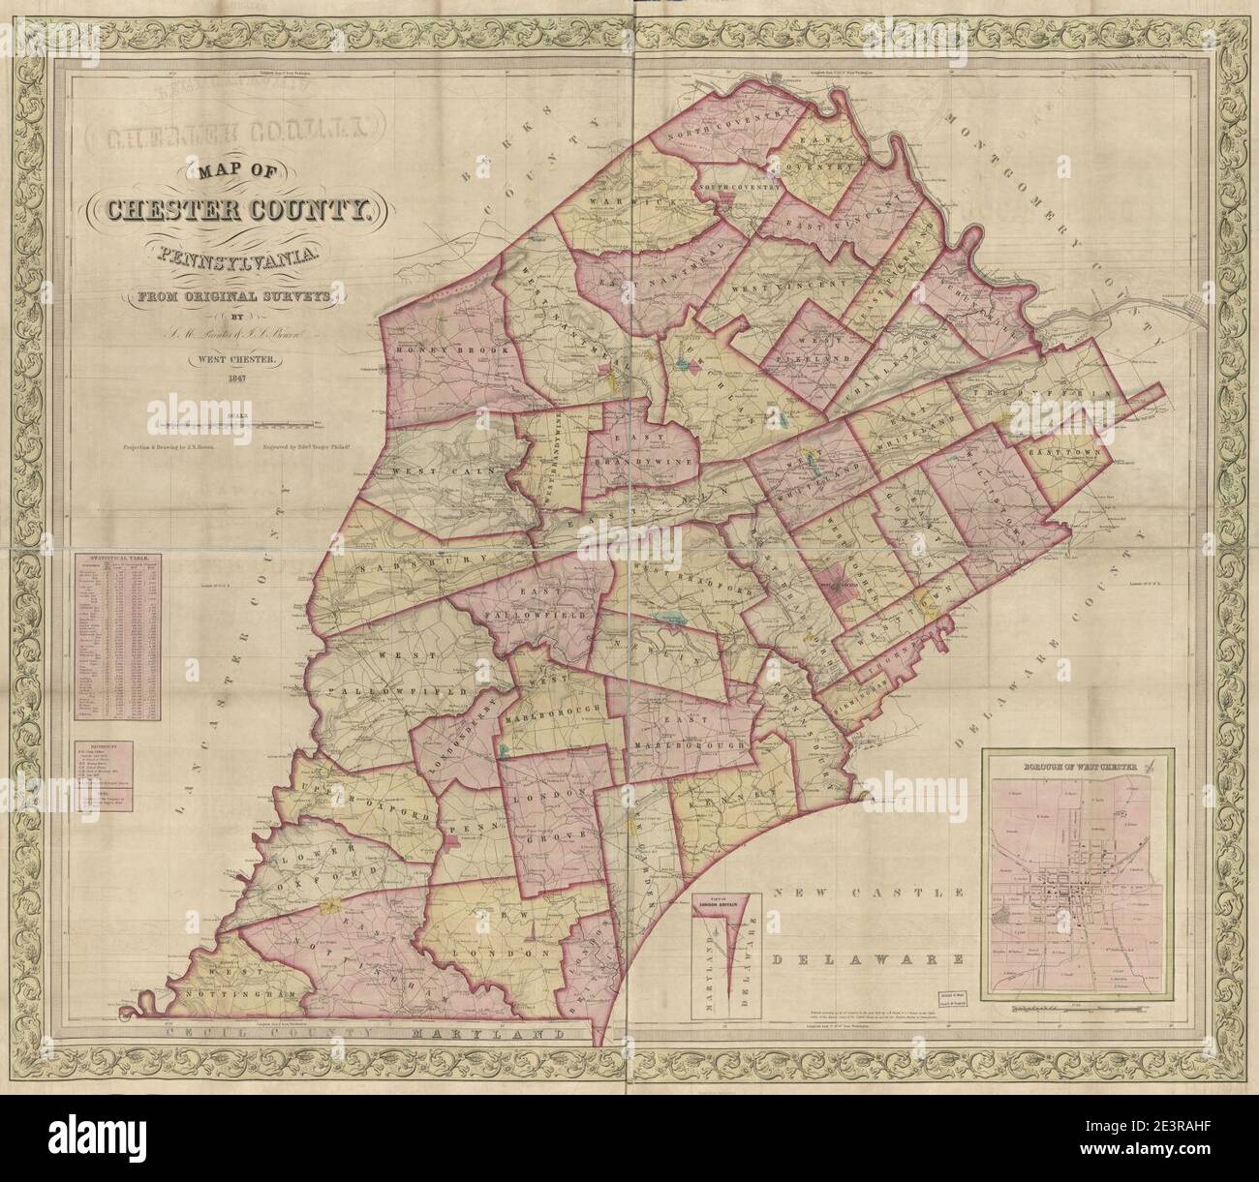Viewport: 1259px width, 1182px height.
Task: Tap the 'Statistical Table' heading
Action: coord(114,560)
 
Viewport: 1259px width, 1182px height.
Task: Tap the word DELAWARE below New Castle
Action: coord(868,960)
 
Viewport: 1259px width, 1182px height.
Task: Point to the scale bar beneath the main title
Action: coord(242,424)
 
